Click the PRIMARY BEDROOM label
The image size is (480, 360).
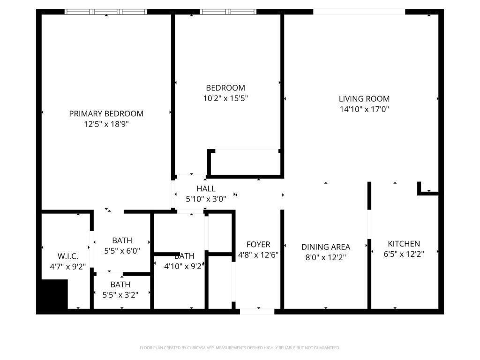(106, 113)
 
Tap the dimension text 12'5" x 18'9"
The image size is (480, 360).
(106, 124)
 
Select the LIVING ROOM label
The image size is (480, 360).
(364, 99)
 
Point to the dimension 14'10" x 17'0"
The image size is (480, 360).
(364, 110)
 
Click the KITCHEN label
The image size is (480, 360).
(404, 244)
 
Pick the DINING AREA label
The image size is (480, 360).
(326, 247)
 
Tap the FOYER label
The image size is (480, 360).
(258, 244)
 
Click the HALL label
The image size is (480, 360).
(206, 188)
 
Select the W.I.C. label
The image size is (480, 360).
(68, 256)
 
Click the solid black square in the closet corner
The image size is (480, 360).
(52, 294)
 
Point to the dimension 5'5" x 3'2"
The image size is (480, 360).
(120, 295)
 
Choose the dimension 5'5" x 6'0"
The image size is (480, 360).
(122, 251)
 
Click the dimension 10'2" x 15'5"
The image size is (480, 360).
(225, 98)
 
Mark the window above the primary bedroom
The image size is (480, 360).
(106, 12)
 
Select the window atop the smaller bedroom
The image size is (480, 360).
(228, 12)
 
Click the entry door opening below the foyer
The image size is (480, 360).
(257, 311)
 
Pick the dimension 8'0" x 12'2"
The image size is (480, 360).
(326, 257)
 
